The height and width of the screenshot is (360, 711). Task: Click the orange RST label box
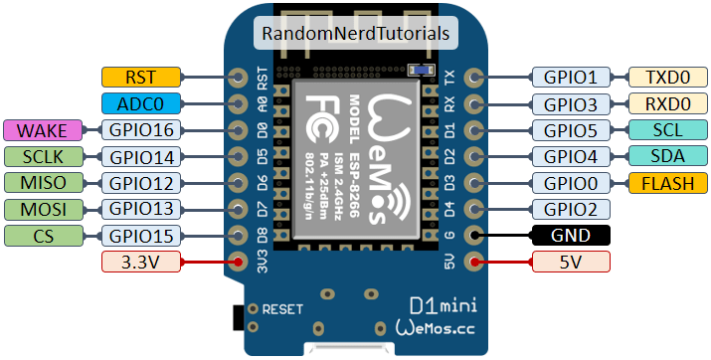tap(141, 77)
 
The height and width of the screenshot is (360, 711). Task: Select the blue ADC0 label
tap(141, 103)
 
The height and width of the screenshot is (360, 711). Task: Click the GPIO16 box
tap(141, 130)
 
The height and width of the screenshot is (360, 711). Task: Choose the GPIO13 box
tap(141, 209)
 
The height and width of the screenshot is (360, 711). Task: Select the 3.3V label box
tap(141, 263)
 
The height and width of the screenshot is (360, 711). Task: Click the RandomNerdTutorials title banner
tap(356, 33)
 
